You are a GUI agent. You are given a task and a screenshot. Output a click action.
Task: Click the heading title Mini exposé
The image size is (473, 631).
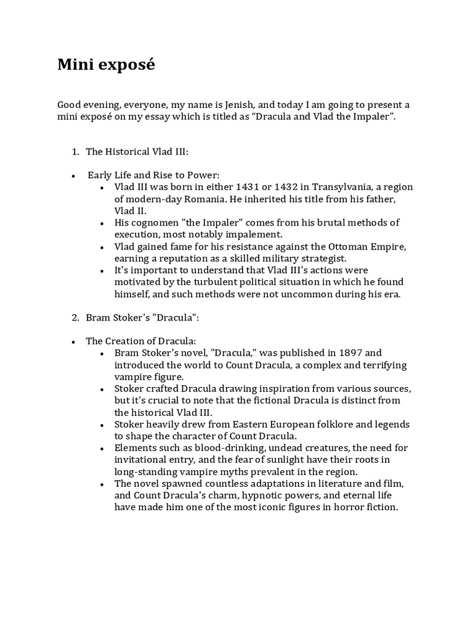click(106, 65)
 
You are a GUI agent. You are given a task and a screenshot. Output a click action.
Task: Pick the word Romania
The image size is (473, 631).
click(211, 199)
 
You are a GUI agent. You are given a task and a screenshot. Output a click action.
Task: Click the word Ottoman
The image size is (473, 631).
click(331, 246)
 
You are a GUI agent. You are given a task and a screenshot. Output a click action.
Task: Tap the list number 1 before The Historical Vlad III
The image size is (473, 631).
click(75, 152)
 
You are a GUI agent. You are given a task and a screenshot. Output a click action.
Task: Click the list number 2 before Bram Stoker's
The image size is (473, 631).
click(75, 318)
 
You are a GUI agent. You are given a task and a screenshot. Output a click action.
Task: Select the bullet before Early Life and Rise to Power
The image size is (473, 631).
click(73, 176)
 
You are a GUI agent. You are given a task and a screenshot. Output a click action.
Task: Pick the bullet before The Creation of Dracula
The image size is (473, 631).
click(73, 341)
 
